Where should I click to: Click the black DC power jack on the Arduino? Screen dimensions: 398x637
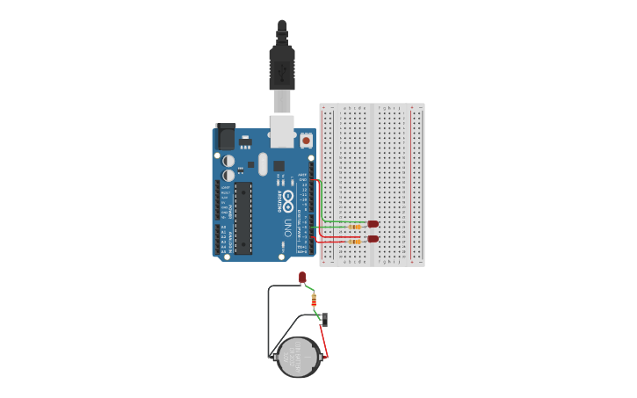226,136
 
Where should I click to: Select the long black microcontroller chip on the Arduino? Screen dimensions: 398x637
243,218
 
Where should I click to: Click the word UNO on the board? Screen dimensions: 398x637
287,228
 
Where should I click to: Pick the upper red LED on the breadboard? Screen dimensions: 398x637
373,224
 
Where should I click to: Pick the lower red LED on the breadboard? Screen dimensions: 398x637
373,238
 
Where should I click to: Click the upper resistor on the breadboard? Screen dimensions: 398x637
354,227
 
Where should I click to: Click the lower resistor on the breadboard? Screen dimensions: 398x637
354,241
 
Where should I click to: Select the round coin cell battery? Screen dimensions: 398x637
299,357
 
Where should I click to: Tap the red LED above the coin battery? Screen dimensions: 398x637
302,278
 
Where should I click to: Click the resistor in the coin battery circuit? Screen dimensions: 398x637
314,299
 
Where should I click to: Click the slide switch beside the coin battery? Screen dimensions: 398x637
324,319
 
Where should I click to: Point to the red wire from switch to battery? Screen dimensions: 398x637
324,343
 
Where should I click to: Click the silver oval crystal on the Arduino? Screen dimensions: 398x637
262,163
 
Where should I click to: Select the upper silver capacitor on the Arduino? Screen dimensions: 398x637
228,161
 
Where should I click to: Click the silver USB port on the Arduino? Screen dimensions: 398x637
282,132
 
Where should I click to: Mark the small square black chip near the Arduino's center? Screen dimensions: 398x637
279,165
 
